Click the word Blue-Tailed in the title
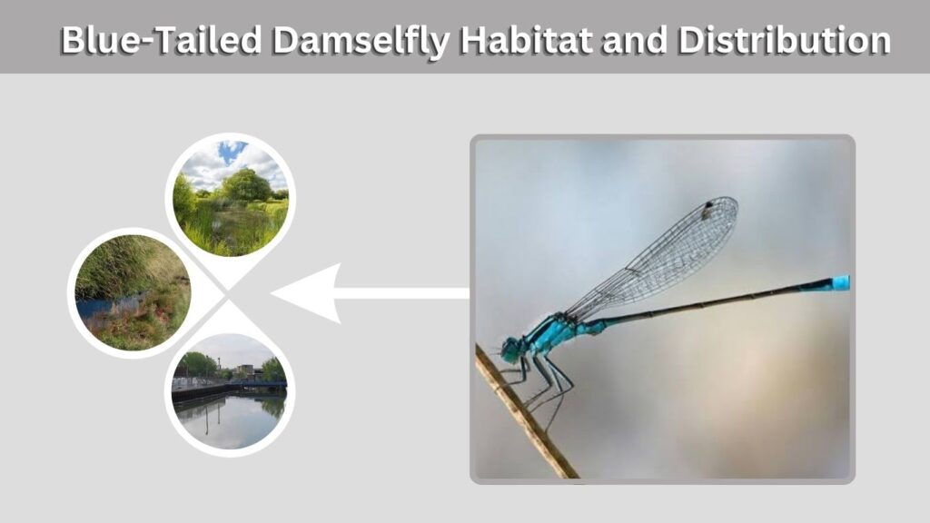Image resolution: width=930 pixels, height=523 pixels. [162, 40]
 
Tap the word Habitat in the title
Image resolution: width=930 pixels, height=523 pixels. [526, 40]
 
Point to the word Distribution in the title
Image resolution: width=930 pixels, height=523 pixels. [784, 40]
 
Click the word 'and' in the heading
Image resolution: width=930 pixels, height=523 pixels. [635, 40]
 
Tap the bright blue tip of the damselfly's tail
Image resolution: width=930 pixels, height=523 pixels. [841, 283]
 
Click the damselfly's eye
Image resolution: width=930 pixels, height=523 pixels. [509, 349]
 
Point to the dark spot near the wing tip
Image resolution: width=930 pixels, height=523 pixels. [708, 207]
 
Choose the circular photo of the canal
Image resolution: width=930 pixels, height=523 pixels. [230, 391]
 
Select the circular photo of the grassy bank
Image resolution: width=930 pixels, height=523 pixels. [133, 293]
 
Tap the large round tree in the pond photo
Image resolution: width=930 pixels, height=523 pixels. [245, 185]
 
